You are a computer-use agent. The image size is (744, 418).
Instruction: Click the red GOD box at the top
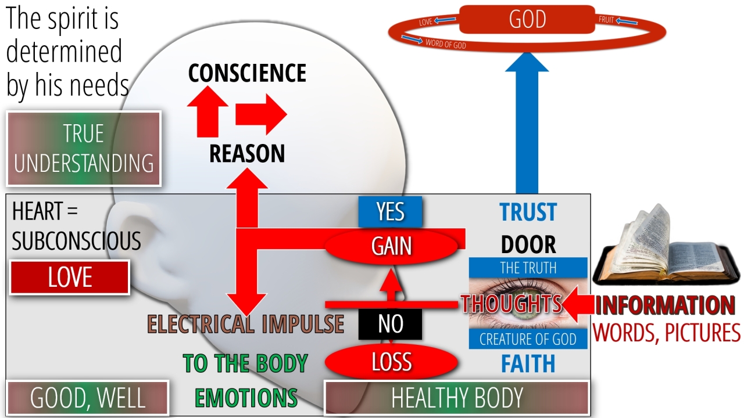point(527,20)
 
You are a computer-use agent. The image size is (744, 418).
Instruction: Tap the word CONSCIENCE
point(247,73)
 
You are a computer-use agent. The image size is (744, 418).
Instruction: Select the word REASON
point(247,153)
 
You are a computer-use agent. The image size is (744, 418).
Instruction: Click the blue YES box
point(390,212)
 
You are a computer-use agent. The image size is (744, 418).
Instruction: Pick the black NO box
point(390,324)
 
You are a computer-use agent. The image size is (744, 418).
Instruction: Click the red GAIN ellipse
point(392,246)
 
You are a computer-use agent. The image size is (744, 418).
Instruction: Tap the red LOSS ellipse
point(391,362)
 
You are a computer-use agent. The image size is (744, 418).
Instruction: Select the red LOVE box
point(70,278)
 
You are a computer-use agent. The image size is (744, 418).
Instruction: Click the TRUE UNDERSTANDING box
point(84,149)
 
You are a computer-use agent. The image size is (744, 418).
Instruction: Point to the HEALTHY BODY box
point(457,398)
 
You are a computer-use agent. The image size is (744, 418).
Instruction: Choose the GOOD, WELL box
point(88,398)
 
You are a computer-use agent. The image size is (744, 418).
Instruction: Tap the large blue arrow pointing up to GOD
point(527,128)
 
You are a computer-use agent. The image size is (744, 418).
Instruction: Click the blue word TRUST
point(528,212)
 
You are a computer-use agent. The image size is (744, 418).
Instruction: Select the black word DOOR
point(528,245)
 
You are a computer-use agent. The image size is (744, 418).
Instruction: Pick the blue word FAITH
point(528,364)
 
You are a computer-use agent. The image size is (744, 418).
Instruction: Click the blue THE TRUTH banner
point(528,268)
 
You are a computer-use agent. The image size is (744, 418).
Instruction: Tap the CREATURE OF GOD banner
point(528,339)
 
